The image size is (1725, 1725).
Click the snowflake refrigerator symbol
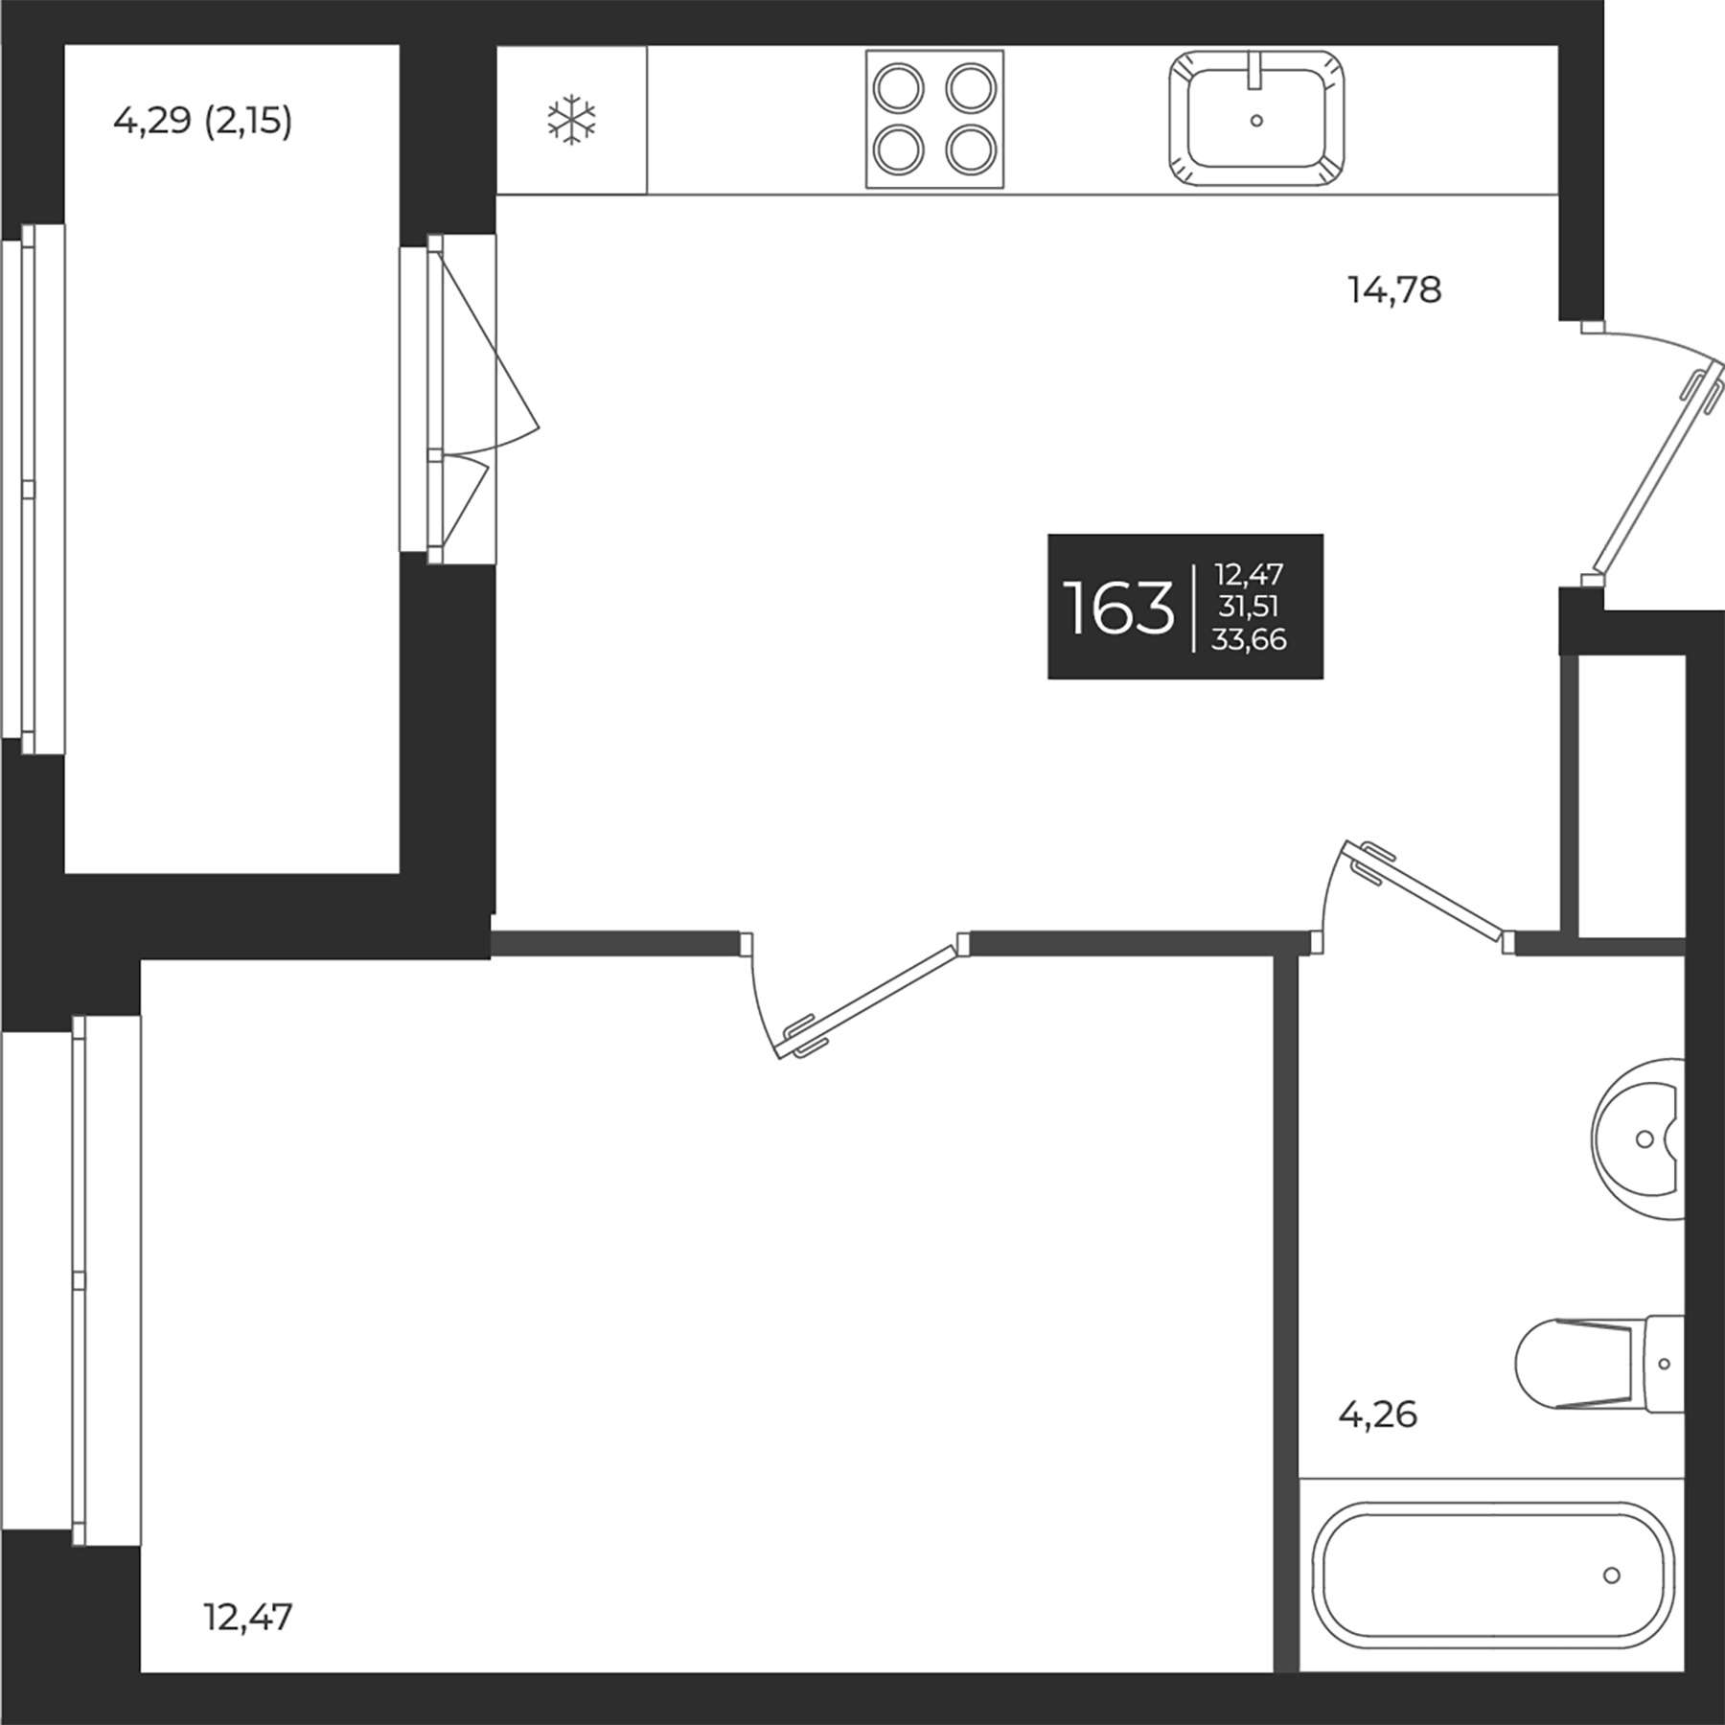(571, 120)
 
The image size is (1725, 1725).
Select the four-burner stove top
(934, 119)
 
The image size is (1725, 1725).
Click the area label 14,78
(1394, 289)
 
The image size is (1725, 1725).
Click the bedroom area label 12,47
(248, 1617)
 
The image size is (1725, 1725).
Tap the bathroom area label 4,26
(1377, 1414)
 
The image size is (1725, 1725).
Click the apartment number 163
(1118, 609)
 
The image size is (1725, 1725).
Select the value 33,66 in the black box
(1249, 639)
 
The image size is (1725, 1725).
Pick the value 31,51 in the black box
(1249, 607)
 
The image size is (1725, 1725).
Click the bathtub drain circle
(1612, 1575)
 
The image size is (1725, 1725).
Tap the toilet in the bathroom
(1600, 1363)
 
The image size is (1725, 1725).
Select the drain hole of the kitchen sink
(1256, 121)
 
